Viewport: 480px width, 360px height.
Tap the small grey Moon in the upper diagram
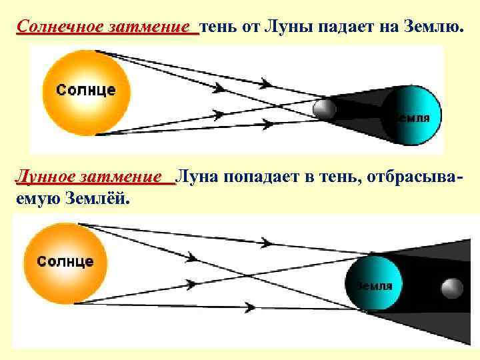324,108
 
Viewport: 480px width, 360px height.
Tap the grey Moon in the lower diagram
452,288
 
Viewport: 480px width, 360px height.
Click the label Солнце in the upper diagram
85,89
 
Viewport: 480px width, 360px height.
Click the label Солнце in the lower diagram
65,261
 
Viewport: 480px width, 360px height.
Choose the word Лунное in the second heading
45,177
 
